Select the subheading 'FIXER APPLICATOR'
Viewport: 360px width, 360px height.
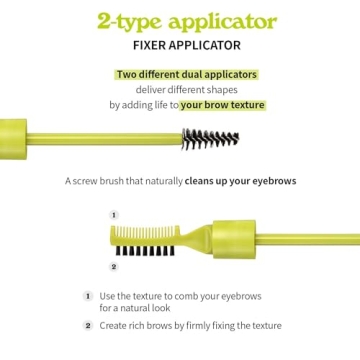(180, 45)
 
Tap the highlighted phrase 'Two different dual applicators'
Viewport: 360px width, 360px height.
(186, 75)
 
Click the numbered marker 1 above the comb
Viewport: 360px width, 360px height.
(113, 214)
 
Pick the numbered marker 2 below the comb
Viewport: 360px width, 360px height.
(113, 266)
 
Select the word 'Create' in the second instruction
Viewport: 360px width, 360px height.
(113, 325)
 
